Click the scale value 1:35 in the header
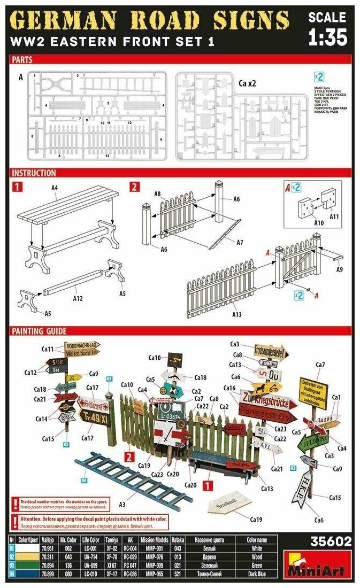click(328, 37)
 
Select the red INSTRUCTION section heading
click(34, 173)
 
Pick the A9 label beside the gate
click(340, 270)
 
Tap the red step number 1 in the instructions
click(18, 187)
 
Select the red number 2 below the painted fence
click(129, 457)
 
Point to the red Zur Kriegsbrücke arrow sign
click(261, 399)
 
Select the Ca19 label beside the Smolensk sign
click(256, 519)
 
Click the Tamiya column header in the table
click(111, 540)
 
